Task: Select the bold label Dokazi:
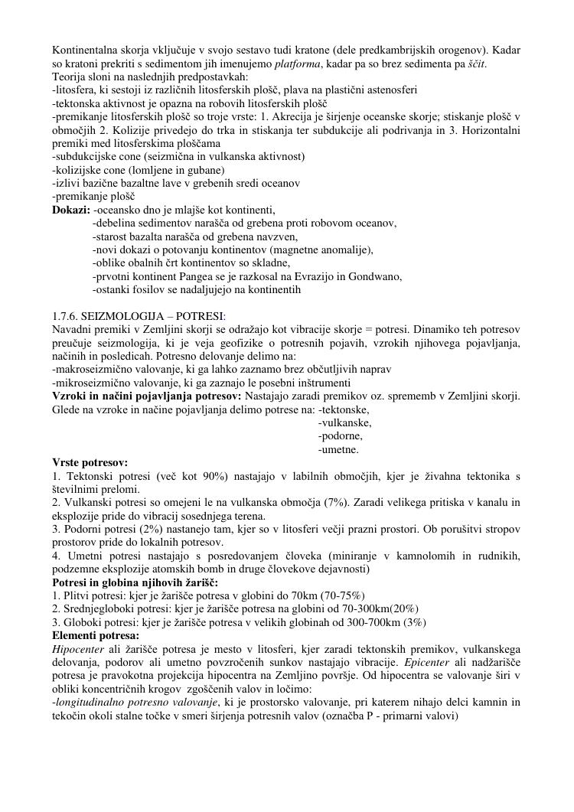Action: point(71,210)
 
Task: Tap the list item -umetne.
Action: point(338,449)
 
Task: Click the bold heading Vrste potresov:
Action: point(90,463)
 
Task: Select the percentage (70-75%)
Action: point(321,595)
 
